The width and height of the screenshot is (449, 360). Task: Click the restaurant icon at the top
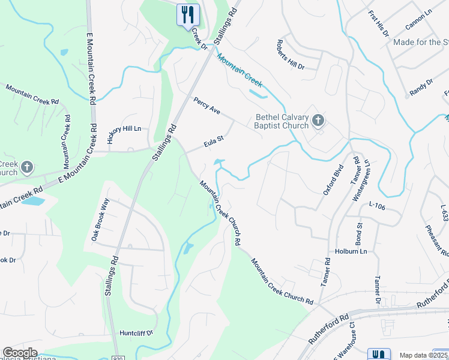[x=188, y=14]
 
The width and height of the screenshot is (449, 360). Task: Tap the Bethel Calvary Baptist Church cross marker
[x=318, y=121]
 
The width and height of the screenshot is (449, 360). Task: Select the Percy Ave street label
[x=207, y=107]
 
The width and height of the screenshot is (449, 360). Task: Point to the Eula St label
[x=213, y=142]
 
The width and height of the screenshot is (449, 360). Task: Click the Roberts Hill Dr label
[x=291, y=55]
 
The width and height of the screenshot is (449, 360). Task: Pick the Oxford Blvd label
[x=333, y=180]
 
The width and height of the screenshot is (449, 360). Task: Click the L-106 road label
[x=377, y=205]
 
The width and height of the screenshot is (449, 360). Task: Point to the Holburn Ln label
[x=351, y=251]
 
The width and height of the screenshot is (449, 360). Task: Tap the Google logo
[x=20, y=353]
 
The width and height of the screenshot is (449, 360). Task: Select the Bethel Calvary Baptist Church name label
[x=282, y=121]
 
